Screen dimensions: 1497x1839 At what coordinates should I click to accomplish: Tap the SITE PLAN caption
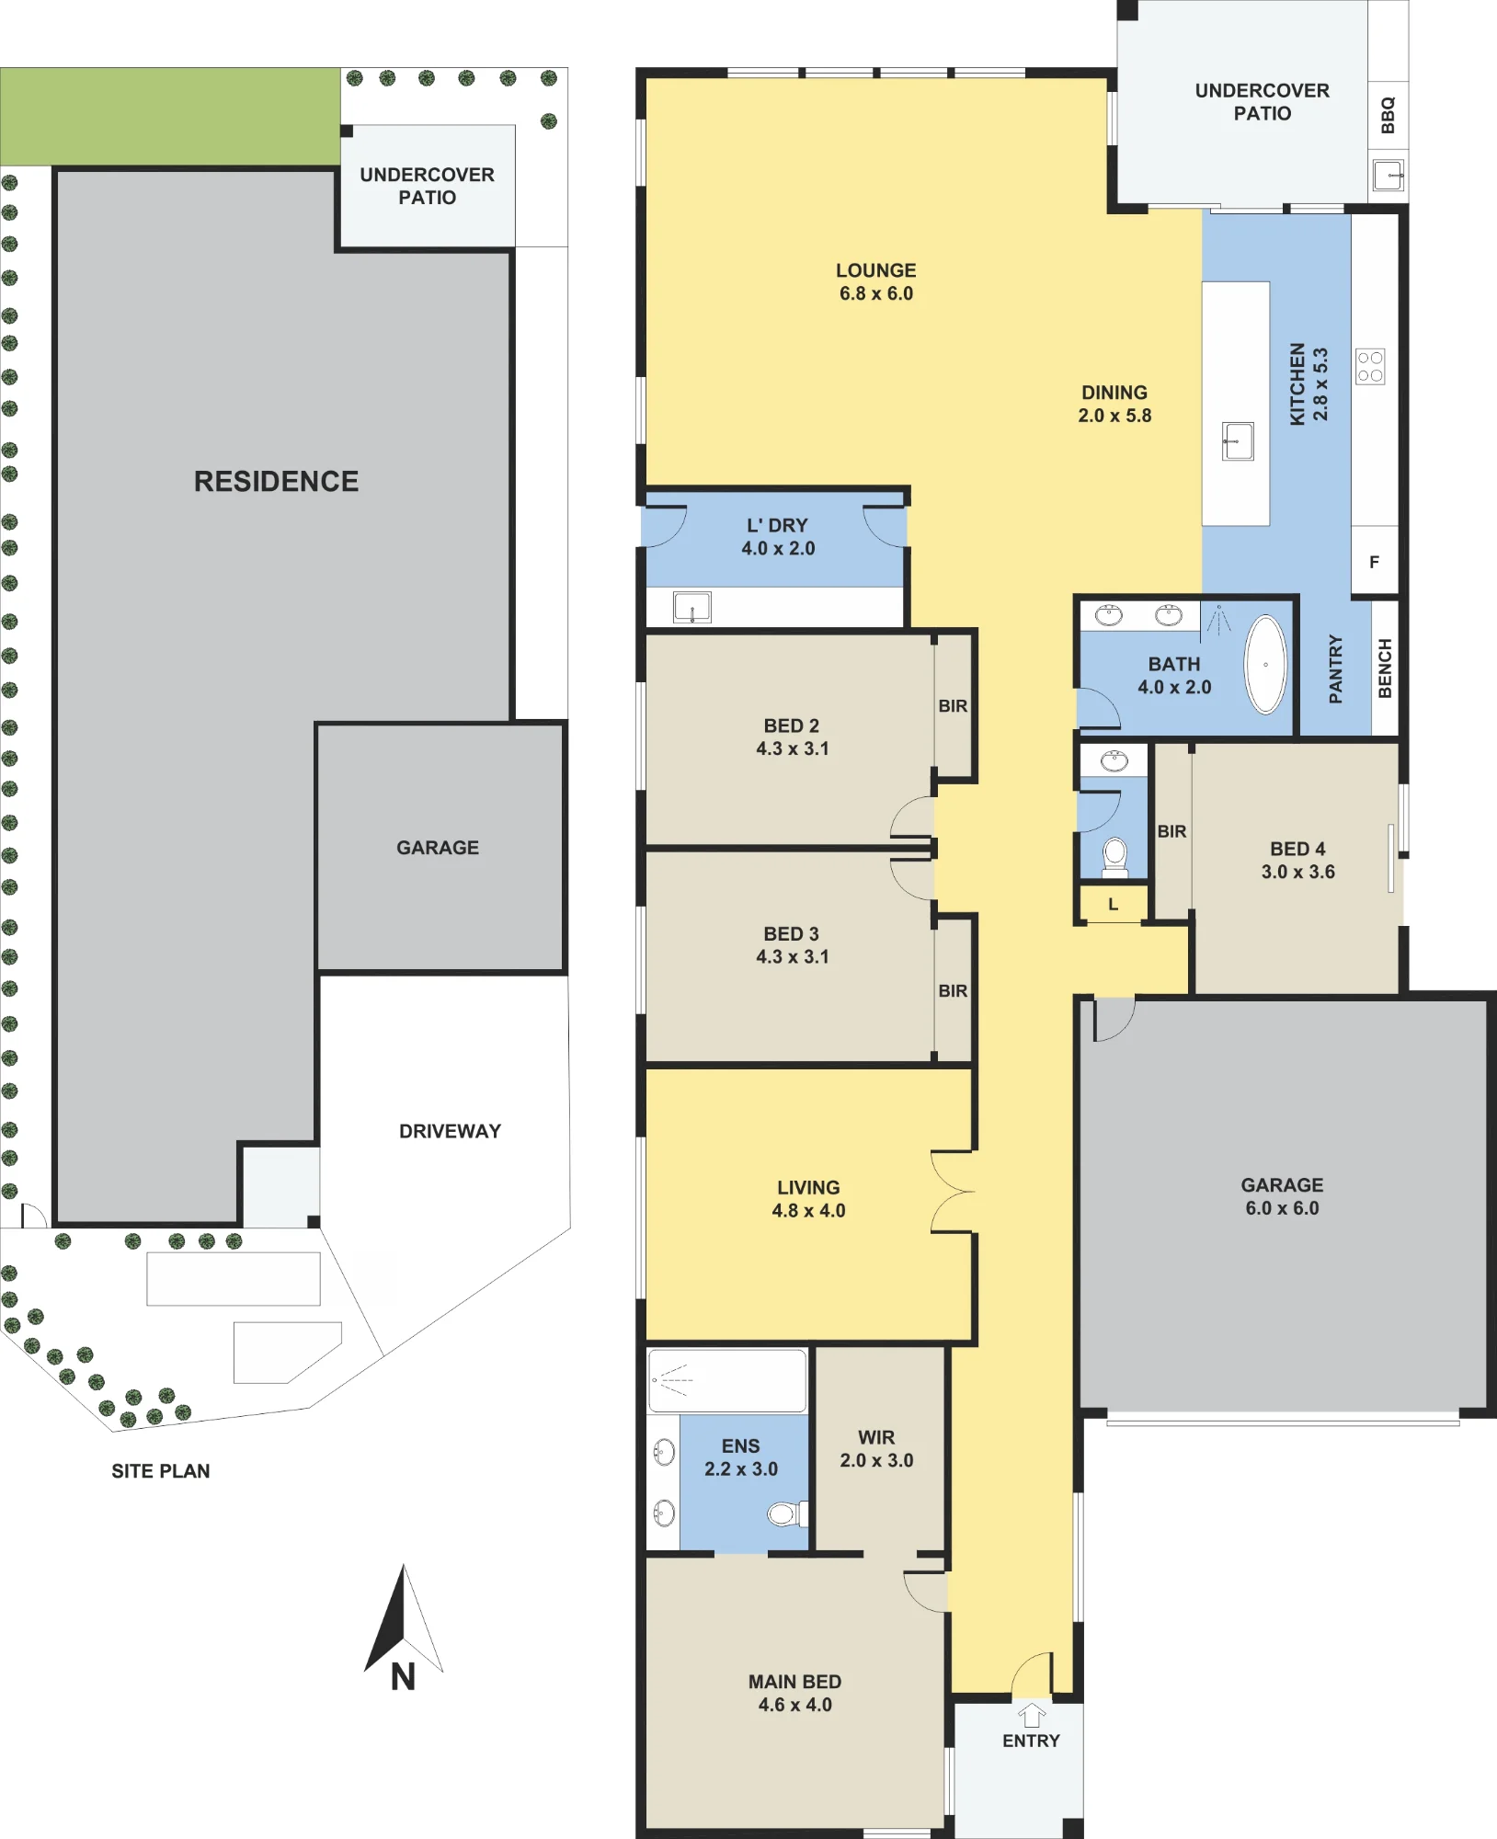161,1471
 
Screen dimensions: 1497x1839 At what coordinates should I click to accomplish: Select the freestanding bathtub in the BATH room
1265,664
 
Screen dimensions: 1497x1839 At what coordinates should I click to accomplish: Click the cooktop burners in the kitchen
1370,367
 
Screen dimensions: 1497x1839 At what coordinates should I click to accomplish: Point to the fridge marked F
1375,562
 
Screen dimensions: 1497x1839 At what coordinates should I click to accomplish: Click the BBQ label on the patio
1388,115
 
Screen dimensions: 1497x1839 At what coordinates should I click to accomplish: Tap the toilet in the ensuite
787,1513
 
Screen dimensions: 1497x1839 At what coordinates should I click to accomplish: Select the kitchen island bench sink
1238,441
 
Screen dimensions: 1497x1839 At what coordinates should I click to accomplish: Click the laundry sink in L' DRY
692,608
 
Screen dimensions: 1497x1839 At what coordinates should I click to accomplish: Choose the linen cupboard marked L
1113,904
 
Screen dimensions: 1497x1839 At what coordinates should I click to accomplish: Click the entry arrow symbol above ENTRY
1032,1715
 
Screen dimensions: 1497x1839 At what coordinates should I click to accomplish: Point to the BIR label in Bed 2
953,706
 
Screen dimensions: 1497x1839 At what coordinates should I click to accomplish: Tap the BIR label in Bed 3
953,991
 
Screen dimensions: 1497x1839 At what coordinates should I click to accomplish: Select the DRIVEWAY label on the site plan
451,1131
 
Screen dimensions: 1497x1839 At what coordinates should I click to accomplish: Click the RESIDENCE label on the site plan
276,481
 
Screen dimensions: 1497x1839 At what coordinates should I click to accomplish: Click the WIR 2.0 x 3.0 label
876,1448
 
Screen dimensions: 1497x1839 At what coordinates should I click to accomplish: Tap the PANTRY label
1336,669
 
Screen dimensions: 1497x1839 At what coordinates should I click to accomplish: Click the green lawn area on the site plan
170,117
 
